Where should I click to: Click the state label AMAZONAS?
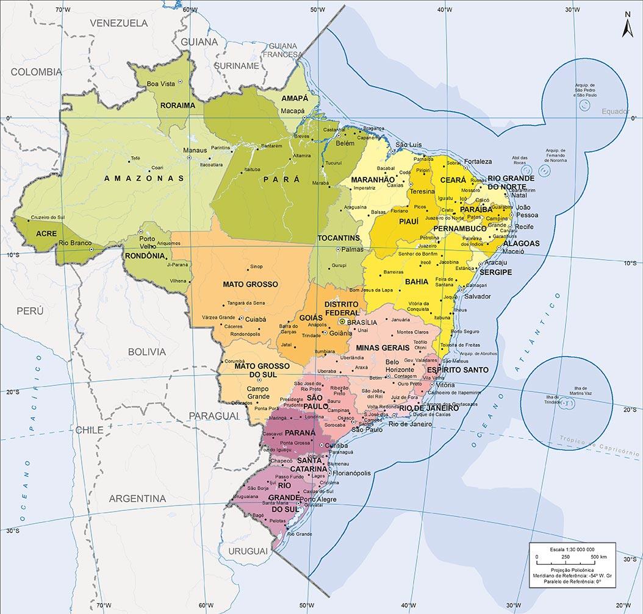coord(144,179)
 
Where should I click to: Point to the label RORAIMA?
coord(178,105)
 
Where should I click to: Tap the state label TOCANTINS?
coord(339,238)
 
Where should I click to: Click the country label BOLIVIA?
coord(146,352)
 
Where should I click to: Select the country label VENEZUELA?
coord(119,23)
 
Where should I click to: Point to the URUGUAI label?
coord(248,551)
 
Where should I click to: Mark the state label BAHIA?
coord(417,282)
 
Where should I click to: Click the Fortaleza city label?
coord(478,162)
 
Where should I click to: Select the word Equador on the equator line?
coord(614,112)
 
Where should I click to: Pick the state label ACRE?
coord(46,234)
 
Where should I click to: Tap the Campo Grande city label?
coord(258,393)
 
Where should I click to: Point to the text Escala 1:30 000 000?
coord(572,549)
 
